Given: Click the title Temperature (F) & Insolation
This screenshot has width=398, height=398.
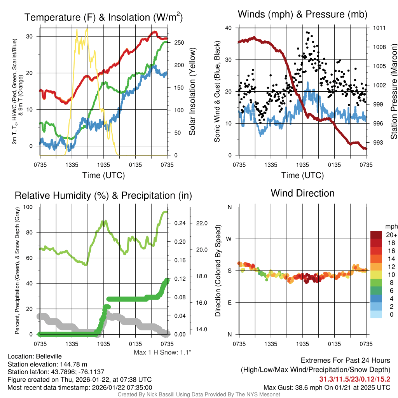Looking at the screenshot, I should point(104,17).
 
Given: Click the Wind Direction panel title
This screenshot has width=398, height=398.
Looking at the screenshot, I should point(302,193).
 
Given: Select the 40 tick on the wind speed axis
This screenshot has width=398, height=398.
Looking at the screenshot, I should point(229,28).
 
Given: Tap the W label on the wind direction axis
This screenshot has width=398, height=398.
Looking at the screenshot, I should point(229,239).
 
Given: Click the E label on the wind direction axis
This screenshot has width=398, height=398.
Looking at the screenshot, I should point(229,302).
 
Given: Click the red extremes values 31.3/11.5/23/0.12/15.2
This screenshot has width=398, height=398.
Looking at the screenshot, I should point(355,379).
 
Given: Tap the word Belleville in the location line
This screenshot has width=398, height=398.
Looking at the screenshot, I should point(47,356).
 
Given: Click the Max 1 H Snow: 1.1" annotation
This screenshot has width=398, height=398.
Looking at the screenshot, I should point(162,353).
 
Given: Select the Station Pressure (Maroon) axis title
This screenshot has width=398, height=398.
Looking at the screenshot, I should point(394,91).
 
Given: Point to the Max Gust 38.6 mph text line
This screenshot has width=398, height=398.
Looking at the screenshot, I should point(327,387).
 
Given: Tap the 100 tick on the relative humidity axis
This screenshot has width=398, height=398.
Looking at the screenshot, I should point(30,207).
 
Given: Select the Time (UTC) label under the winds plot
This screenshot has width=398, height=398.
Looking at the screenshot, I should point(302,175).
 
